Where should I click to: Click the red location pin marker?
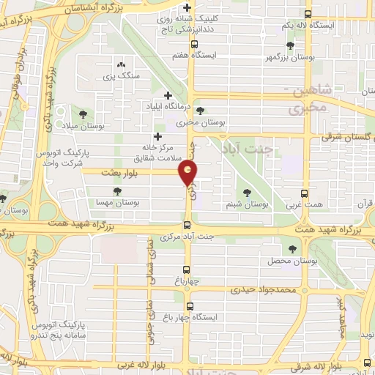point(188,174)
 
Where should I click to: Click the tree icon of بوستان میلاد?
point(83,114)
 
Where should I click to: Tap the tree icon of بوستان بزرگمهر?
point(291,45)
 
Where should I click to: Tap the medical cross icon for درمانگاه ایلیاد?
point(169,96)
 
